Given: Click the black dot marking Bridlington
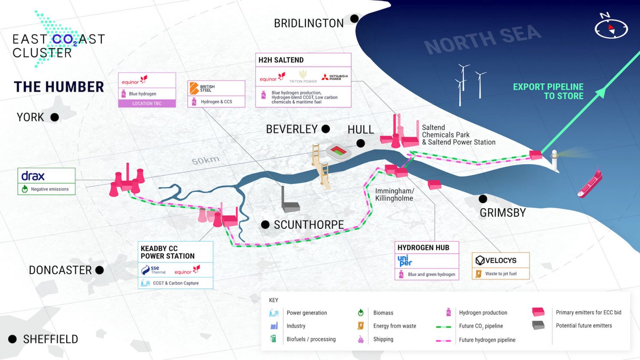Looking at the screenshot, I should point(354,19).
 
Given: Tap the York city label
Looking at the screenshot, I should point(30,117).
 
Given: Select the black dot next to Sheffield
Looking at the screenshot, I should point(12,339).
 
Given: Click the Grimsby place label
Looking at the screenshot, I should point(502,213).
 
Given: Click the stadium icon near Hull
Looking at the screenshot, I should point(339,151).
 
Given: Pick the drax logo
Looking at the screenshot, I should point(33,176).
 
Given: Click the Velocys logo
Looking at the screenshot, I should point(496,260).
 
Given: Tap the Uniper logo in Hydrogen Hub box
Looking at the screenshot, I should point(405,260).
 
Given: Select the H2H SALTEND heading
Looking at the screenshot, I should point(281,60).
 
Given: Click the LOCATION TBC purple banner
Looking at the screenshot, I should point(147,103).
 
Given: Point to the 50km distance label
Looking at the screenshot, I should point(205,160).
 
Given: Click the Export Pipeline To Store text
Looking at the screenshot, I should point(548,91).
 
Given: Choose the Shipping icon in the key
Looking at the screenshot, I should point(361,339).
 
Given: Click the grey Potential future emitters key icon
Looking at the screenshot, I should point(538,325).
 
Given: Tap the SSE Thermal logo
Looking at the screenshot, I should point(153,270).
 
